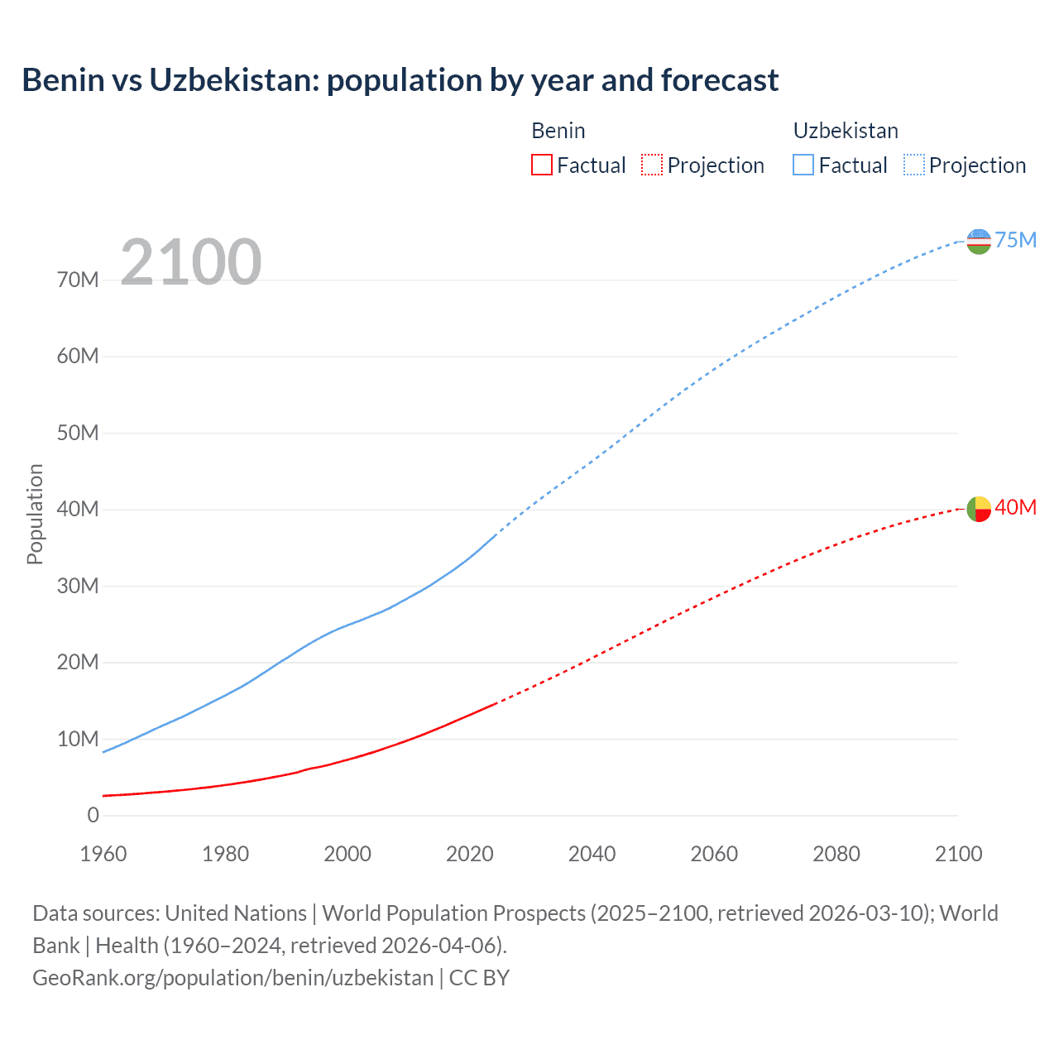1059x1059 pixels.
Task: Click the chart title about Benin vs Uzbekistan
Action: [x=400, y=80]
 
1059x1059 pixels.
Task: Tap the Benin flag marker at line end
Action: [x=979, y=509]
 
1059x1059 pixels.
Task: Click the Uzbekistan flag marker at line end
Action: [x=979, y=242]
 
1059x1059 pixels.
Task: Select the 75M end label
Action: [x=1015, y=240]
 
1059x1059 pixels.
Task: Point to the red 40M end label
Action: [x=1015, y=507]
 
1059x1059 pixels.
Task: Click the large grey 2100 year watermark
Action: [x=191, y=262]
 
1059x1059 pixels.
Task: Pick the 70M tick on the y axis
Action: [x=78, y=280]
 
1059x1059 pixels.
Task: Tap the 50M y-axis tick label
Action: [x=78, y=434]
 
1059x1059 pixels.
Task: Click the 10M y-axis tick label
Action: [x=78, y=739]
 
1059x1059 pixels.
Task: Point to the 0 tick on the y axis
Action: [x=93, y=816]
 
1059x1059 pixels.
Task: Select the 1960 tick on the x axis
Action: [x=103, y=854]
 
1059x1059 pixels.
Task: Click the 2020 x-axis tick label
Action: [x=470, y=854]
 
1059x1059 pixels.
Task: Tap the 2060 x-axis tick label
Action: [x=714, y=854]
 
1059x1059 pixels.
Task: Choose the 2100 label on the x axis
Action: [x=958, y=854]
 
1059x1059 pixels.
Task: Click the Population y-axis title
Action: [x=35, y=514]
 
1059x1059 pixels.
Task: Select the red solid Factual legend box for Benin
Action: [x=542, y=165]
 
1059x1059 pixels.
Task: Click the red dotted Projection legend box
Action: [x=652, y=165]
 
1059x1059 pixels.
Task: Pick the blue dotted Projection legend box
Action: [x=914, y=165]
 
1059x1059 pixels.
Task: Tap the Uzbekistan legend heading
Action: [x=846, y=131]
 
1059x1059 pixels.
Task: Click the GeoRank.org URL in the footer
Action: [x=232, y=978]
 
